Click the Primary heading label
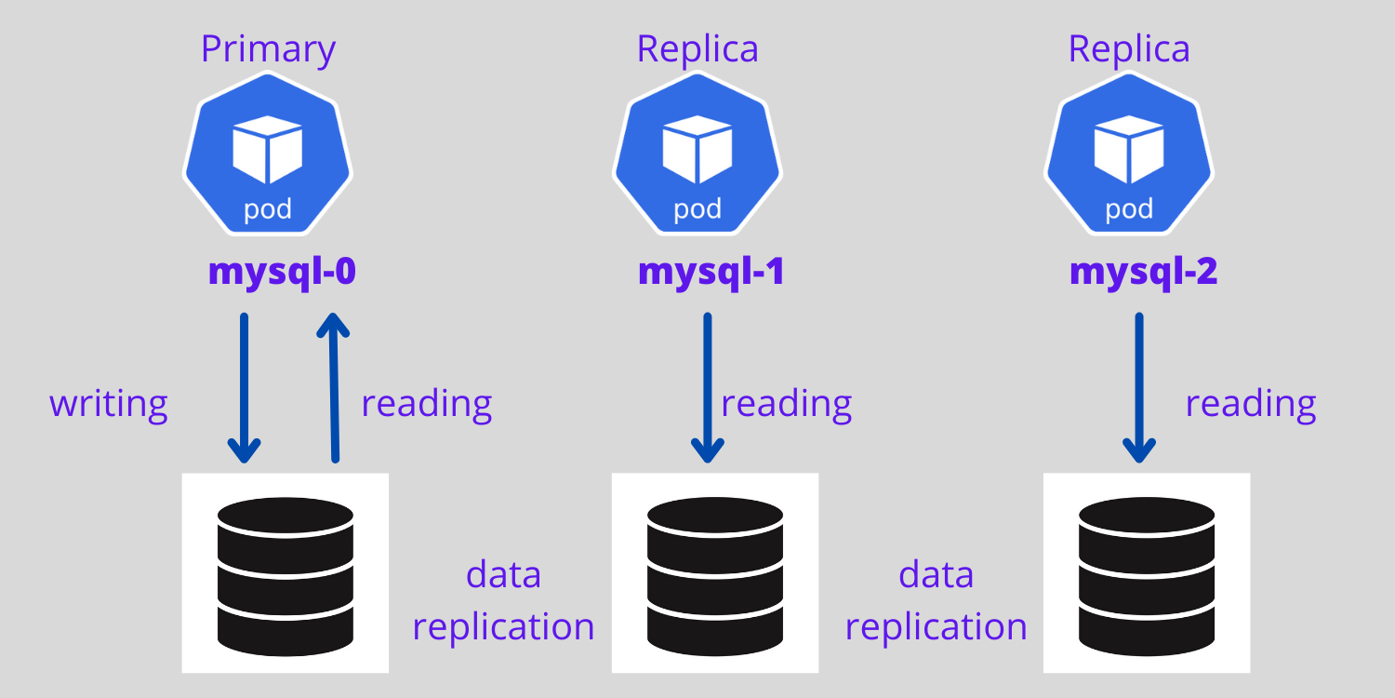click(x=268, y=49)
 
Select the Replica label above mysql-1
click(x=697, y=49)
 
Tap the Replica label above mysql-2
click(x=1128, y=49)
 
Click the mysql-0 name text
click(x=282, y=272)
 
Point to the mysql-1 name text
click(x=711, y=272)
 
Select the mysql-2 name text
click(x=1143, y=272)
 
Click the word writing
click(x=109, y=404)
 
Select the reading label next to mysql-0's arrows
click(x=426, y=404)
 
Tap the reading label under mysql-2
click(x=1251, y=404)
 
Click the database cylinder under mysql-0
click(x=285, y=573)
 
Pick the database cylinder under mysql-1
click(x=715, y=573)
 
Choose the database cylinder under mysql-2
click(x=1146, y=573)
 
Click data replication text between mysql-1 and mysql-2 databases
click(x=936, y=600)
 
